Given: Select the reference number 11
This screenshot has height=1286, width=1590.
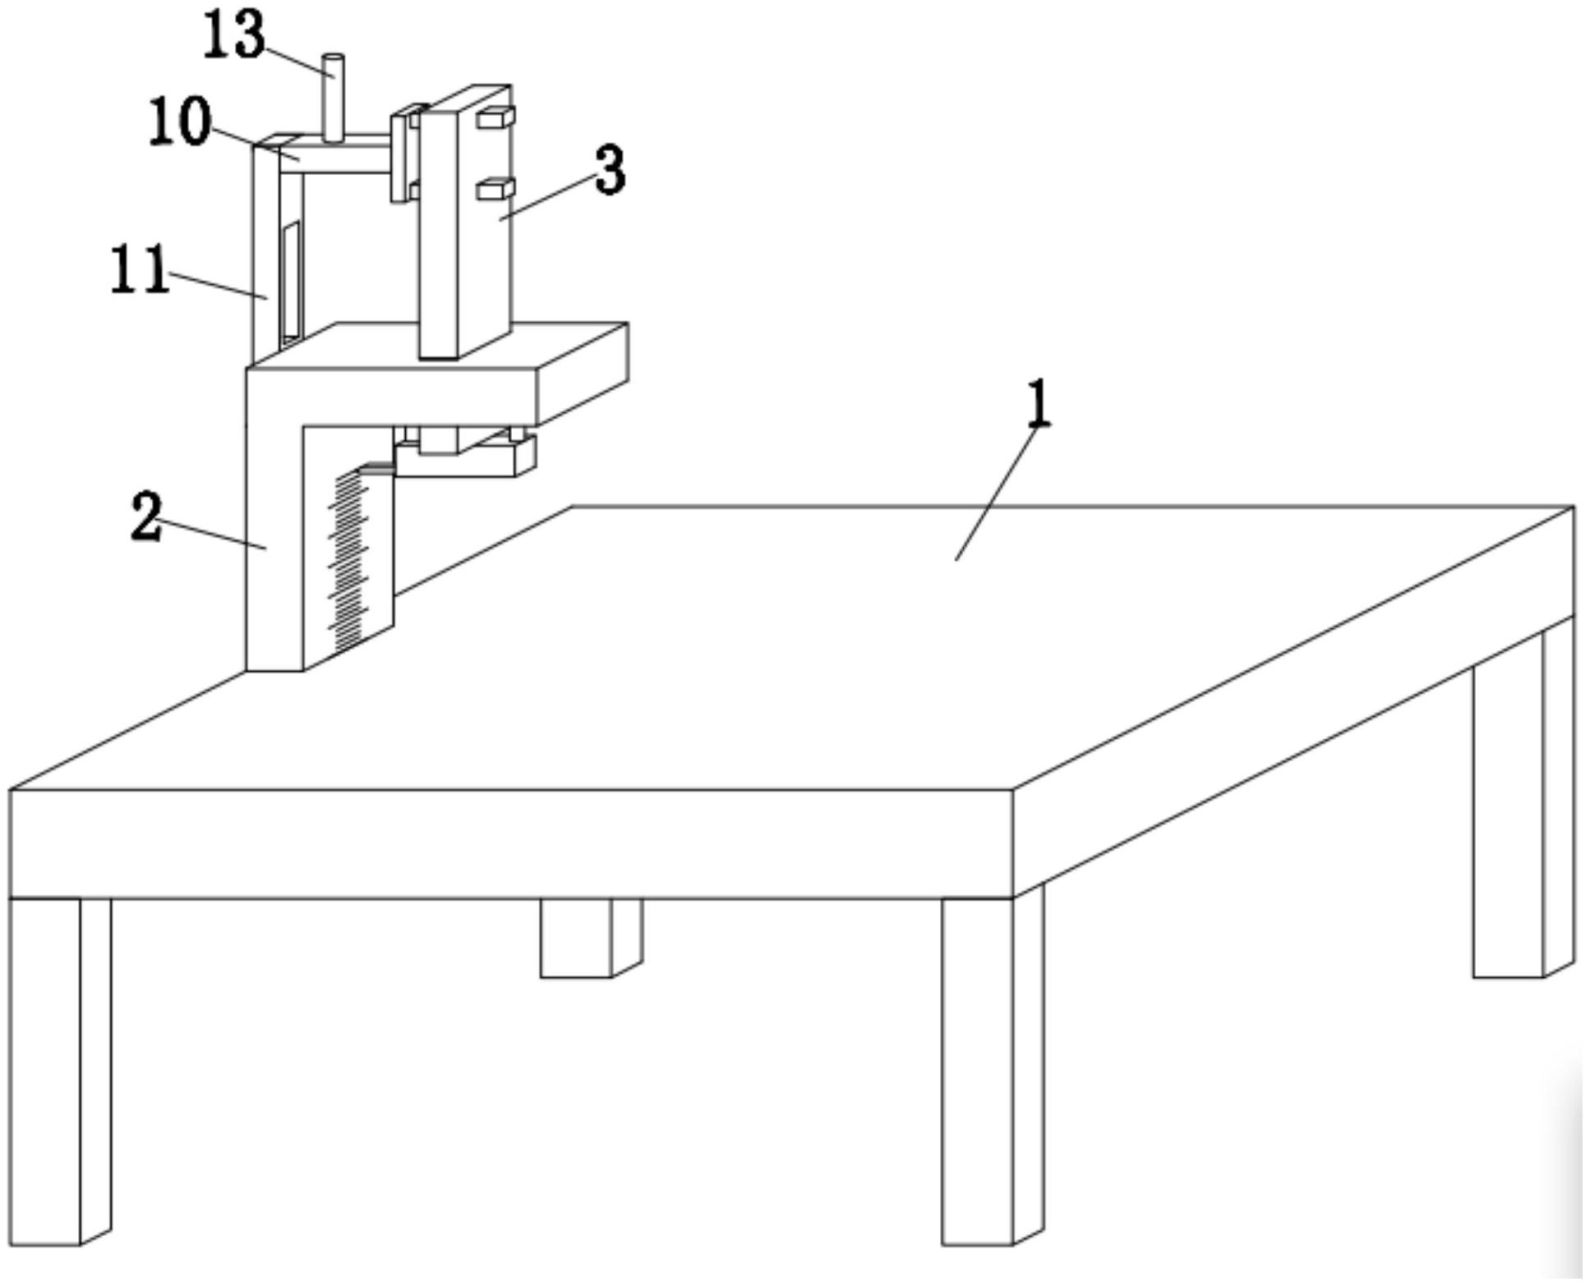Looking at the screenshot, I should (x=140, y=270).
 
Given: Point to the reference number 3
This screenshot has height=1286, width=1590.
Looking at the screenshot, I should (x=610, y=171).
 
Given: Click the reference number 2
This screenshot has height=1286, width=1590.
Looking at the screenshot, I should (x=146, y=517).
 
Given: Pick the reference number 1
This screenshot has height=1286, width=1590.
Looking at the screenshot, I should (x=1039, y=403).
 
